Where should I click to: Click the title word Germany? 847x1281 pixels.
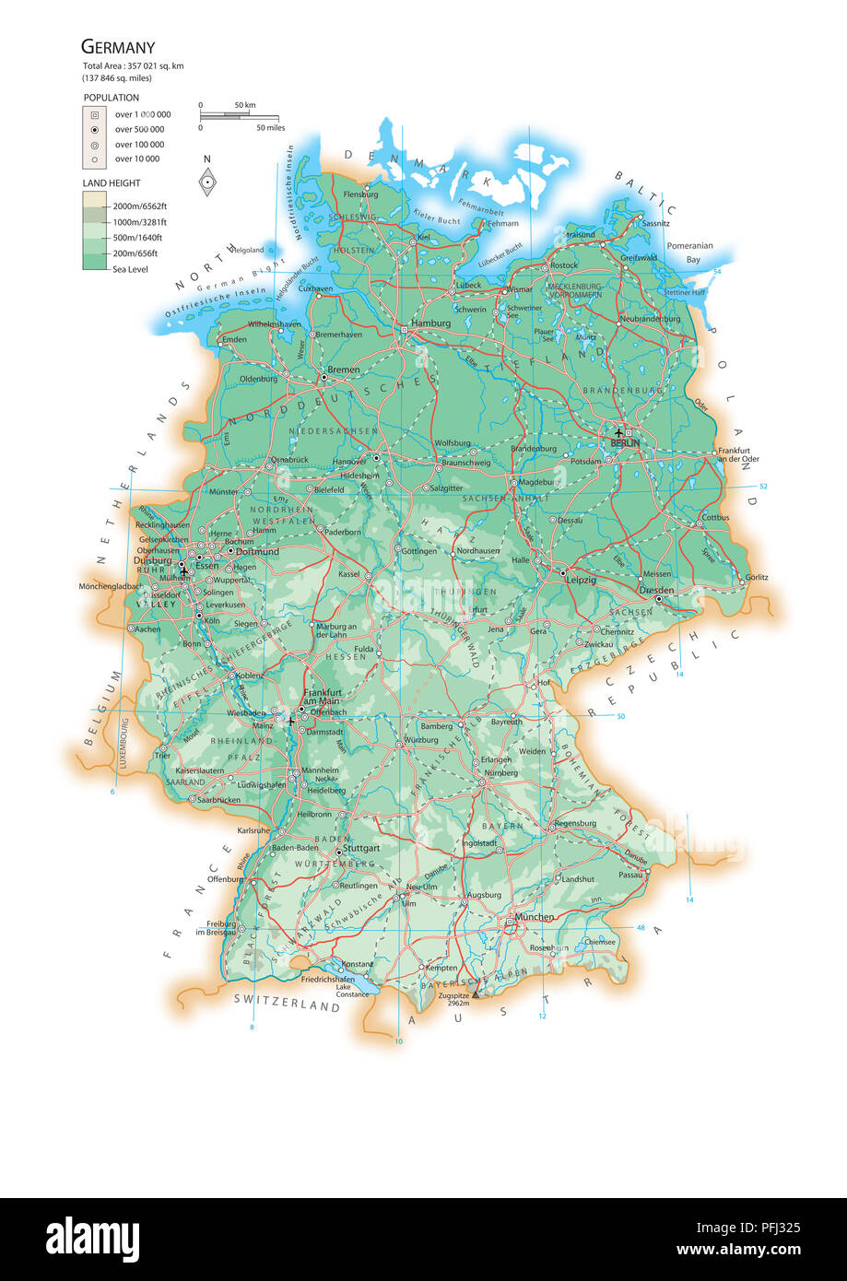click(118, 46)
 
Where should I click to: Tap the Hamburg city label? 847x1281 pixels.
click(430, 323)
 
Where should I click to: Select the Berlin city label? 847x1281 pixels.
click(625, 443)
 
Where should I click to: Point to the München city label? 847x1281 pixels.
click(535, 917)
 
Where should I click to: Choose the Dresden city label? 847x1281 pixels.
click(656, 590)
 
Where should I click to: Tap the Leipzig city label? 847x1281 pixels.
click(582, 580)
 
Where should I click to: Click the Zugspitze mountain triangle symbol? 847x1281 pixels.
click(476, 995)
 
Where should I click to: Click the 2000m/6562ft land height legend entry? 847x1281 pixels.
click(139, 206)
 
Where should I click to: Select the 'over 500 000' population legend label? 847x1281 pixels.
click(139, 130)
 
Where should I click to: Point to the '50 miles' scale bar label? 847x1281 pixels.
click(270, 127)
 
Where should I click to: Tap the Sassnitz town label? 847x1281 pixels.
click(656, 223)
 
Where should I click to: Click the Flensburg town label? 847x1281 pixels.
click(360, 194)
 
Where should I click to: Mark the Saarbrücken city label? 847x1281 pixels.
click(219, 800)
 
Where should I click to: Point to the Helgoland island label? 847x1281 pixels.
click(247, 250)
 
